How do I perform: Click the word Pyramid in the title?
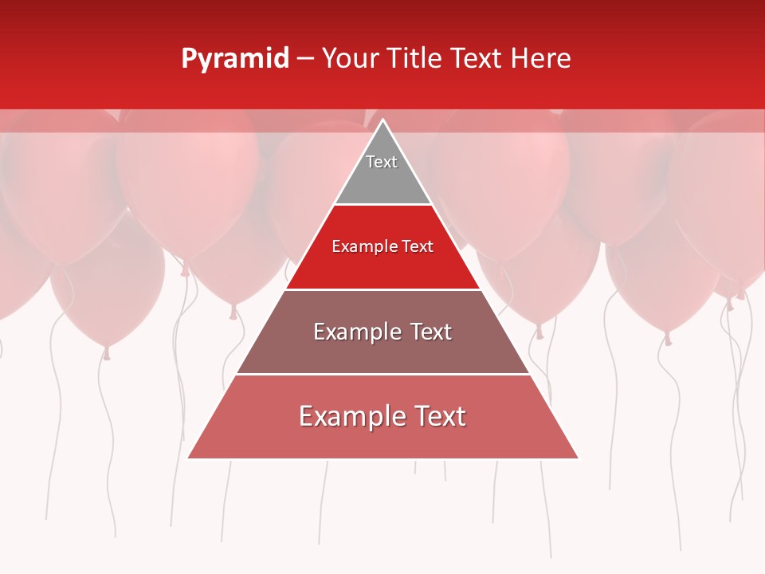pos(235,59)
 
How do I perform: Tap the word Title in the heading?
pos(418,59)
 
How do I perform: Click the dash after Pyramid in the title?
pos(305,59)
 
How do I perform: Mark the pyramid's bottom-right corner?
pos(577,458)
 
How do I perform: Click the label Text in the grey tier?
pos(382,162)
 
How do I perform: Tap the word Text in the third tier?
pos(429,332)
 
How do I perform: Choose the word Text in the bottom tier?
pos(439,416)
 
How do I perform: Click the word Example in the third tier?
pos(355,332)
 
